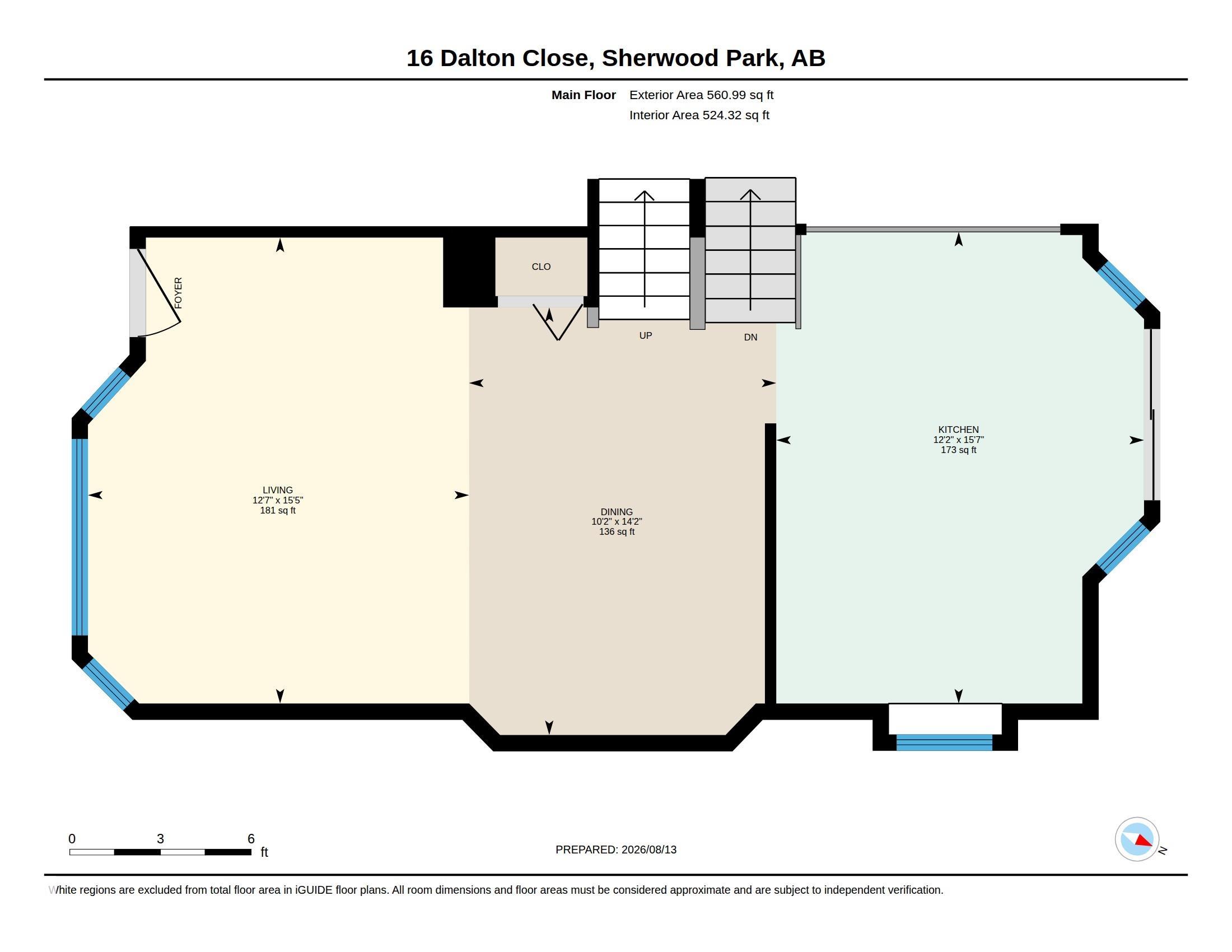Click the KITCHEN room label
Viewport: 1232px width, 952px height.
[958, 429]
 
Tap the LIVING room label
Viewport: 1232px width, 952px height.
[278, 490]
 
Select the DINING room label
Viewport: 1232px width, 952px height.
[617, 512]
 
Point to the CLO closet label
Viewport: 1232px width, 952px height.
[541, 267]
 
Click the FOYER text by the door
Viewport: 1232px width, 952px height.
[178, 293]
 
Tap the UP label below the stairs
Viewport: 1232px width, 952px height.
[645, 335]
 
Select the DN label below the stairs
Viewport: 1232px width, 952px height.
[750, 337]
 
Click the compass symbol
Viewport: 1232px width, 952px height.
[1137, 839]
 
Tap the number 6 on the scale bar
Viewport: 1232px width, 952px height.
[251, 839]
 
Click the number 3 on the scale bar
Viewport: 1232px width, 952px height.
[160, 839]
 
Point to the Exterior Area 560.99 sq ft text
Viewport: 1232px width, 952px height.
[701, 95]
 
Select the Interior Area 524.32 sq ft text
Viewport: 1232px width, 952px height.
[699, 115]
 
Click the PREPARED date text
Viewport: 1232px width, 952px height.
[616, 850]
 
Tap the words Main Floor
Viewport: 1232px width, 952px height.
[584, 95]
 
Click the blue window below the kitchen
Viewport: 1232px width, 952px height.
[944, 742]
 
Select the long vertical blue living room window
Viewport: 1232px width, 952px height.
[80, 537]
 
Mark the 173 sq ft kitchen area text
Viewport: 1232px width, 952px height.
[958, 450]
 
